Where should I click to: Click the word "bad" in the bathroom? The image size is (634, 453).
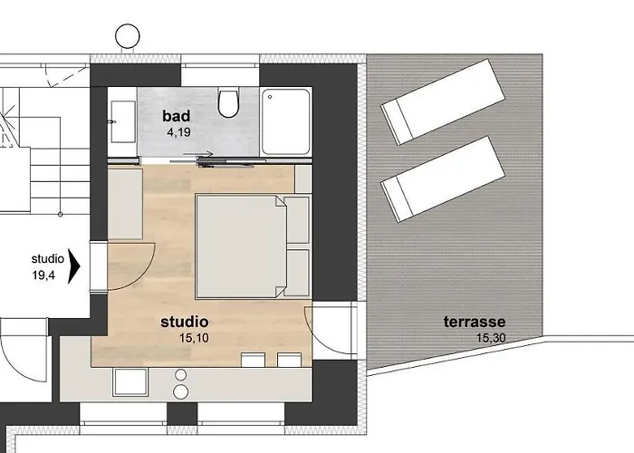click(x=177, y=115)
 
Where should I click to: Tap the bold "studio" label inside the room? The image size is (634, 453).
click(x=184, y=322)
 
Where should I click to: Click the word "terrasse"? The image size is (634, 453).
click(x=474, y=322)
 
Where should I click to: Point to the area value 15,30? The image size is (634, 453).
click(x=490, y=338)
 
